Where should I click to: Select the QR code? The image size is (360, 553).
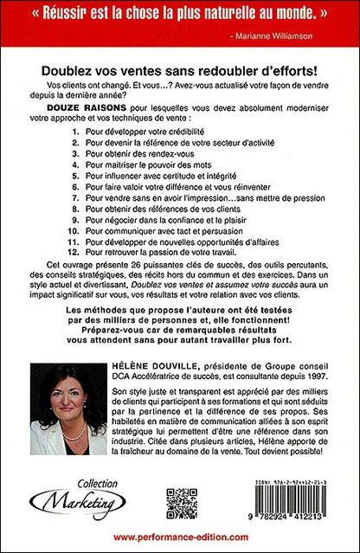(x=182, y=503)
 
